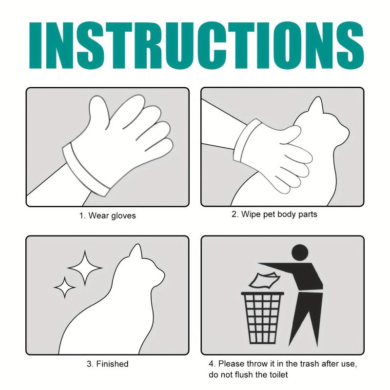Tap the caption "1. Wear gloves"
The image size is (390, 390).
107,215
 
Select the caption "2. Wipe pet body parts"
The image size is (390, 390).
274,214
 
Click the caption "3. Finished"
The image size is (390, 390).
107,364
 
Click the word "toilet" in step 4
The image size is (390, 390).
276,374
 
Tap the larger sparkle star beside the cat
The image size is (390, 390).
85,267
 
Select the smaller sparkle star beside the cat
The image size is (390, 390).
64,287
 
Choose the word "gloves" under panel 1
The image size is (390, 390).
123,215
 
